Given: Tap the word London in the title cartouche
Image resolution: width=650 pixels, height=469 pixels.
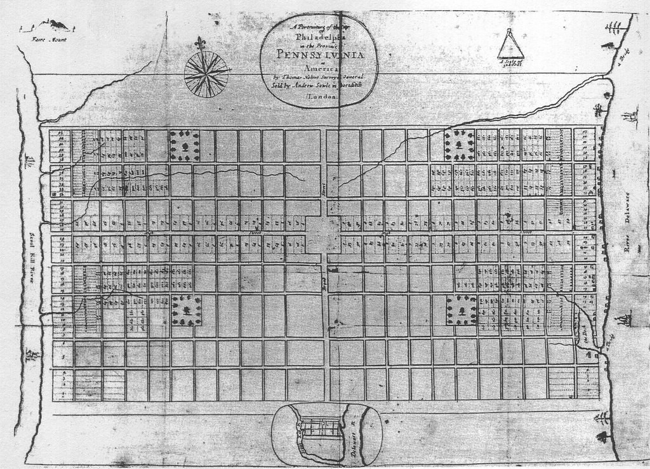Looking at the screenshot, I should click(x=321, y=97).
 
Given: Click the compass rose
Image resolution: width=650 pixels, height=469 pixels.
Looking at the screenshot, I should click(x=206, y=74).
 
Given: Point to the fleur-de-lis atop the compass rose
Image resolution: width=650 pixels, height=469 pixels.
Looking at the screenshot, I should click(x=202, y=44).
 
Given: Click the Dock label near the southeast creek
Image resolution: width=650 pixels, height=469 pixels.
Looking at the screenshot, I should click(x=587, y=336).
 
